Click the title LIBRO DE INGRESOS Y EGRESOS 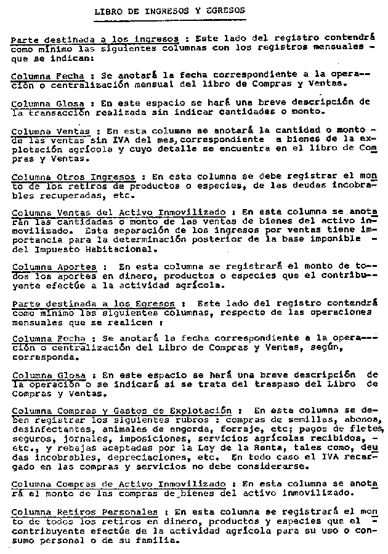pyautogui.click(x=170, y=10)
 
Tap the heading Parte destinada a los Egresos pyautogui.click(x=94, y=304)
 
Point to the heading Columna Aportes pyautogui.click(x=54, y=267)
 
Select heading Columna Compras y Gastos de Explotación pyautogui.click(x=121, y=410)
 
